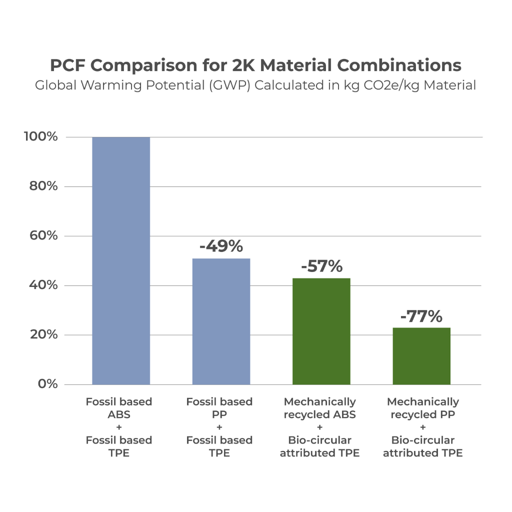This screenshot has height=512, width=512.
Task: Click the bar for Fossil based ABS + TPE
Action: [x=121, y=260]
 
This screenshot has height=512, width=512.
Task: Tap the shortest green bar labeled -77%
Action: [x=421, y=355]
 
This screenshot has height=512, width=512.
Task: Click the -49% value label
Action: [x=221, y=246]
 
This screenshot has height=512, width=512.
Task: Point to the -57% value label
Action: [x=321, y=266]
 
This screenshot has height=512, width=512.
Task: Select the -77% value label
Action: [x=421, y=316]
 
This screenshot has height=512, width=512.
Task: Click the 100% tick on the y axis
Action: [x=41, y=137]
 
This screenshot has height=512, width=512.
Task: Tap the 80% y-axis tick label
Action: [x=43, y=186]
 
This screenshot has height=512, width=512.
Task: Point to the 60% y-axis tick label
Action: [x=43, y=236]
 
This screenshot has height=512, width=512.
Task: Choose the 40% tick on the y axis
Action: [x=43, y=285]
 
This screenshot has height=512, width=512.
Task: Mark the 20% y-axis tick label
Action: [x=43, y=334]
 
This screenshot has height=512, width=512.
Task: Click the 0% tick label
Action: [x=47, y=384]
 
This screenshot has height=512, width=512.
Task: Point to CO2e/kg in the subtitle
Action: [x=386, y=85]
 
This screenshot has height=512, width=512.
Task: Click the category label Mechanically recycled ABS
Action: [x=320, y=408]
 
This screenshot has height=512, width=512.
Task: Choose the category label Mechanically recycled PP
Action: [x=423, y=408]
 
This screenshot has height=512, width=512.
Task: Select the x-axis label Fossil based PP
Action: [x=219, y=408]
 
